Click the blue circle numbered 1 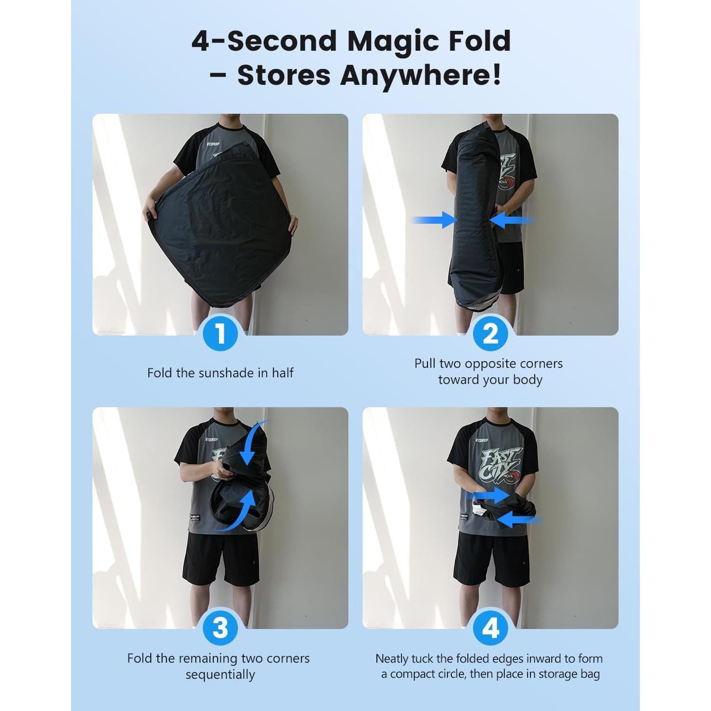pyautogui.click(x=220, y=334)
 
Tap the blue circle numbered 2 pyautogui.click(x=491, y=334)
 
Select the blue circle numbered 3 pyautogui.click(x=220, y=628)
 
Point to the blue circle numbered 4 pyautogui.click(x=491, y=628)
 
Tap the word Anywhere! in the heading pyautogui.click(x=421, y=75)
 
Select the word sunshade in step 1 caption pyautogui.click(x=226, y=373)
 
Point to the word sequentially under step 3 pyautogui.click(x=220, y=675)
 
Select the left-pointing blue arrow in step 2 pyautogui.click(x=513, y=220)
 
